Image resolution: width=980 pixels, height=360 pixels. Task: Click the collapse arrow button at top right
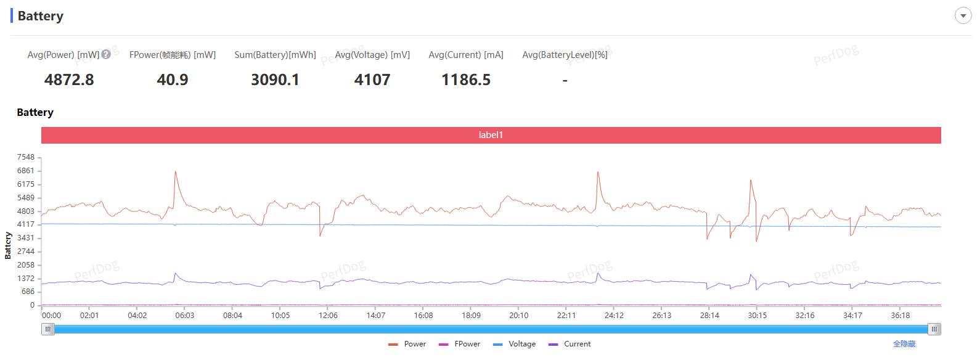pyautogui.click(x=963, y=16)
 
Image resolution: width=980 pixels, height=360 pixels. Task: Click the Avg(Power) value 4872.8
pyautogui.click(x=69, y=80)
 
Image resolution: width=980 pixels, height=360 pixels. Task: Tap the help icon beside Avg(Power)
pyautogui.click(x=106, y=54)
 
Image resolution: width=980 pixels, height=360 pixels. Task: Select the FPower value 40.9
pyautogui.click(x=173, y=80)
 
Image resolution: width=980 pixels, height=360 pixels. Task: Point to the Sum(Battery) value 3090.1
pyautogui.click(x=275, y=80)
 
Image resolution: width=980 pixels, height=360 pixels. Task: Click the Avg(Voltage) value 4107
pyautogui.click(x=372, y=80)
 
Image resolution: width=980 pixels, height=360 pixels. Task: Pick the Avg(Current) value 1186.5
pyautogui.click(x=466, y=80)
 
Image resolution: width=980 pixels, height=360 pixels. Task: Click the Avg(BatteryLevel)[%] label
pyautogui.click(x=565, y=55)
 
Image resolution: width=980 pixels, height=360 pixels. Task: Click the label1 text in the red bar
pyautogui.click(x=491, y=135)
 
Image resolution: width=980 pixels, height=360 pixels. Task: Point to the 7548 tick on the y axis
pyautogui.click(x=26, y=157)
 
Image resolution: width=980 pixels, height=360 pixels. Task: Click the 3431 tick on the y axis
pyautogui.click(x=26, y=238)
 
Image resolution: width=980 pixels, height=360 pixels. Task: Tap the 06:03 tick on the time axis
pyautogui.click(x=185, y=316)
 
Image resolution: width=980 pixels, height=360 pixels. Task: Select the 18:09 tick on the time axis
pyautogui.click(x=471, y=316)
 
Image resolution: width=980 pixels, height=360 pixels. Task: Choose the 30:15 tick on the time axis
pyautogui.click(x=757, y=316)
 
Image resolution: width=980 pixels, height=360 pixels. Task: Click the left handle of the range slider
pyautogui.click(x=48, y=329)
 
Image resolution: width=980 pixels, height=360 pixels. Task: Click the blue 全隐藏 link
pyautogui.click(x=904, y=344)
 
